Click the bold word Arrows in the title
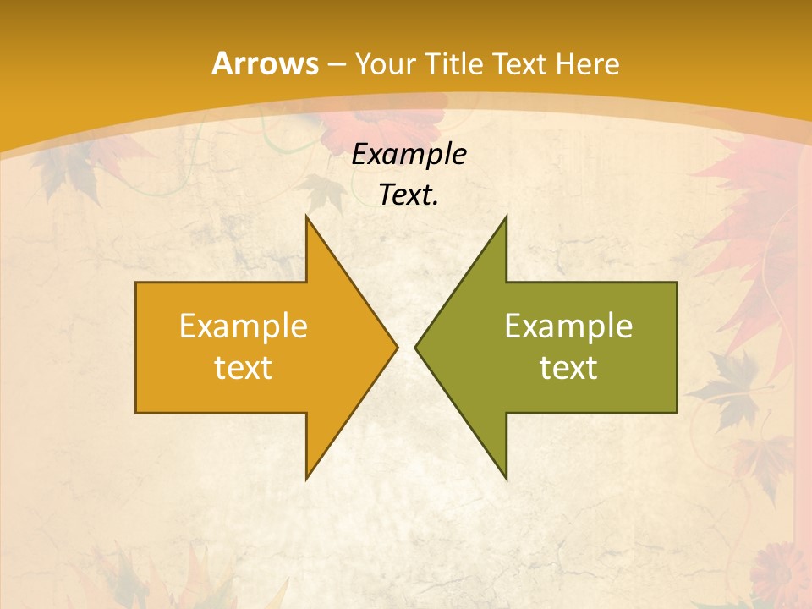264,63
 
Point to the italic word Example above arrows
409,155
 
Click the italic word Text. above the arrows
409,195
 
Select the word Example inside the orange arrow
244,326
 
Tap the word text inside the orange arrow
244,367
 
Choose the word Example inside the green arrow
568,326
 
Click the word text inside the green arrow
568,367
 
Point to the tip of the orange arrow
397,347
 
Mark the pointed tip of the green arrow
416,347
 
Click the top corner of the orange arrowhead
307,217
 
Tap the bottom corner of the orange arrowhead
307,478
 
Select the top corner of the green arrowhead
506,217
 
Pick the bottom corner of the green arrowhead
506,478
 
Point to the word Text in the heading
519,63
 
